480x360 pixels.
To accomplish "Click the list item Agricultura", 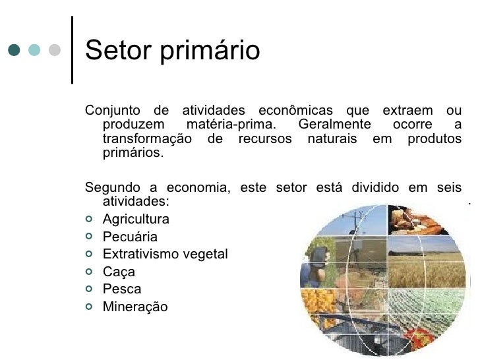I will pyautogui.click(x=136, y=219).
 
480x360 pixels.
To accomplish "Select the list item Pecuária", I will pyautogui.click(x=131, y=237).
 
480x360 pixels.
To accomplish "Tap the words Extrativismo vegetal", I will pyautogui.click(x=165, y=254).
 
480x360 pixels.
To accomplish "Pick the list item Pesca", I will pyautogui.click(x=122, y=289).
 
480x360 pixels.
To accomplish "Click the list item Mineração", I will pyautogui.click(x=135, y=307).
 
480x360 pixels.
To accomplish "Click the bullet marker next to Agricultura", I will pyautogui.click(x=90, y=220).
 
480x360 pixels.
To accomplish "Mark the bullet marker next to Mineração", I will pyautogui.click(x=90, y=307).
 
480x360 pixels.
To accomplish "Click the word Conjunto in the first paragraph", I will pyautogui.click(x=113, y=109).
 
